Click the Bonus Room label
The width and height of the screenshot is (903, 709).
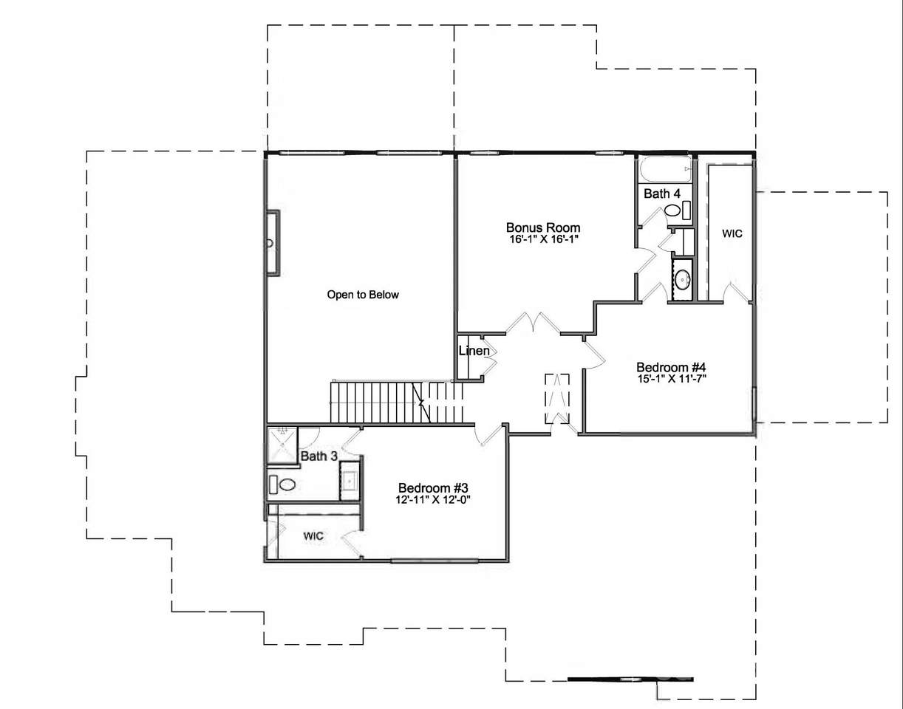coord(543,227)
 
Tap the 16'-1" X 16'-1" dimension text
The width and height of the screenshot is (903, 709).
coord(544,239)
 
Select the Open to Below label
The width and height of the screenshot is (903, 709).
coord(363,295)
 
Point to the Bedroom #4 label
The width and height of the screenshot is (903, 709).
coord(671,367)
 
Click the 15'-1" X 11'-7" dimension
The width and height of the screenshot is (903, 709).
coord(672,379)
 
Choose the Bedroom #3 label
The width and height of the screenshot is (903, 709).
coord(433,487)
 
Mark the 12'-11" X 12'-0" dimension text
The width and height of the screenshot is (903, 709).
coord(432,499)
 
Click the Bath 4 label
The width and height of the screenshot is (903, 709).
coord(662,193)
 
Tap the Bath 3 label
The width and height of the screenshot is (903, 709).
coord(318,456)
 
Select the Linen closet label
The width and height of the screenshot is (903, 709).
coord(474,351)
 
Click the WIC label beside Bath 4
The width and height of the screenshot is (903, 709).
coord(732,233)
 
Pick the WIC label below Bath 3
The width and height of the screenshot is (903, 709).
coord(313,535)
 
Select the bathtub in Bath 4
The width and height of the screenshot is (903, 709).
coord(666,169)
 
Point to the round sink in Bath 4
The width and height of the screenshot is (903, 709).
coord(682,279)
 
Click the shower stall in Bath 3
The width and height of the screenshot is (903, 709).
coord(282,445)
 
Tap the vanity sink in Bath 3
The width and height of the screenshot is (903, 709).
coord(350,481)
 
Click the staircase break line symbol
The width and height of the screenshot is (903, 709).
coord(421,402)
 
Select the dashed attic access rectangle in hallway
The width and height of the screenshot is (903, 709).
coord(557,399)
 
